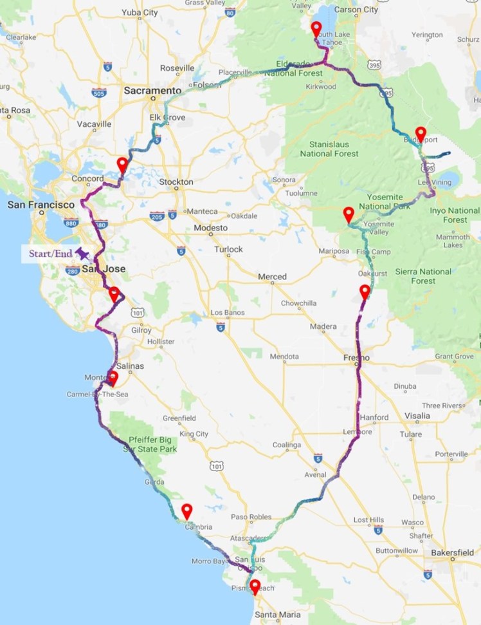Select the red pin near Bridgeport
[421, 134]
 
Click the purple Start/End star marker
[82, 252]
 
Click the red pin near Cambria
[186, 511]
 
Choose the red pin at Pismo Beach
[255, 586]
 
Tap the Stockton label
[176, 182]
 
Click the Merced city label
[272, 276]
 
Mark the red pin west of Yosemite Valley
[349, 214]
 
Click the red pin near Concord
[122, 164]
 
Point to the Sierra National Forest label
[423, 276]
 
